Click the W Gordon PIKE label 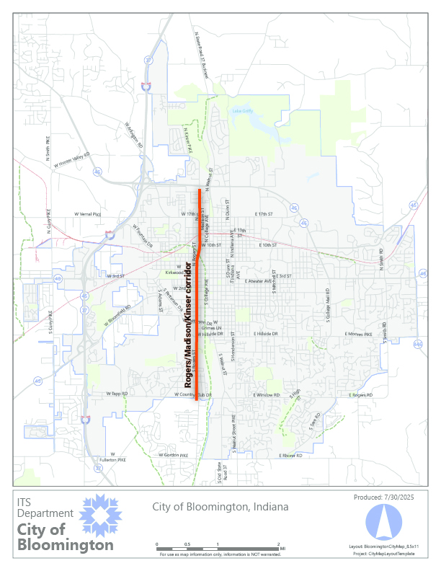tap(173, 456)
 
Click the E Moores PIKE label tap(357, 335)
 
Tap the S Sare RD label tap(314, 419)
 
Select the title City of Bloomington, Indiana tap(220, 507)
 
